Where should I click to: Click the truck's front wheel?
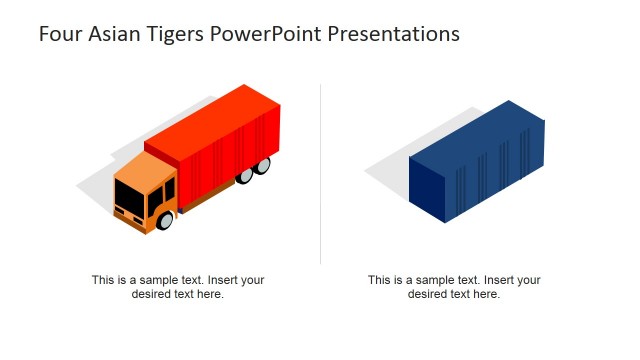click(x=165, y=220)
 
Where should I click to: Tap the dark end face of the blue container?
click(x=427, y=191)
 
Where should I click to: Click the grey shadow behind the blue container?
click(x=390, y=165)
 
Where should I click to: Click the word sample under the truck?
click(x=161, y=281)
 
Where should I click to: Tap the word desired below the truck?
click(x=153, y=294)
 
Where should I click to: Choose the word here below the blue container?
click(x=486, y=294)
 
